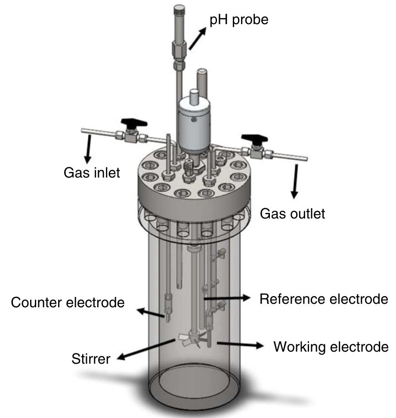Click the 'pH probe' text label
tap(239, 20)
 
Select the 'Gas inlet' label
tap(92, 173)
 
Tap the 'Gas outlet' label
tap(292, 213)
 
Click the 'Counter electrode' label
tap(68, 303)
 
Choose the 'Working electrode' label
tap(331, 346)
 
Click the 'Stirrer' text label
tap(91, 358)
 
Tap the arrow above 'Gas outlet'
tap(295, 181)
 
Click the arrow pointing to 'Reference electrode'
tap(228, 298)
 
